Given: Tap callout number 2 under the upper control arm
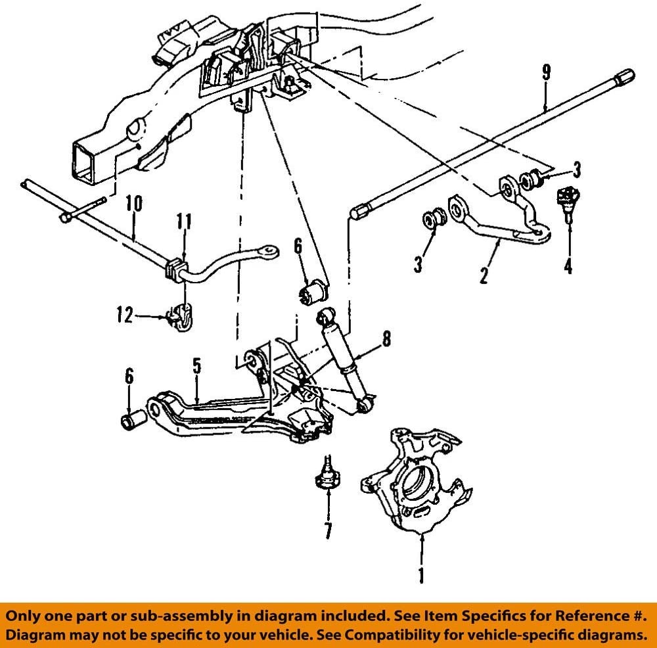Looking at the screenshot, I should (484, 275).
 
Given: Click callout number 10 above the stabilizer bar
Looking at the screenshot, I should (133, 204).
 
